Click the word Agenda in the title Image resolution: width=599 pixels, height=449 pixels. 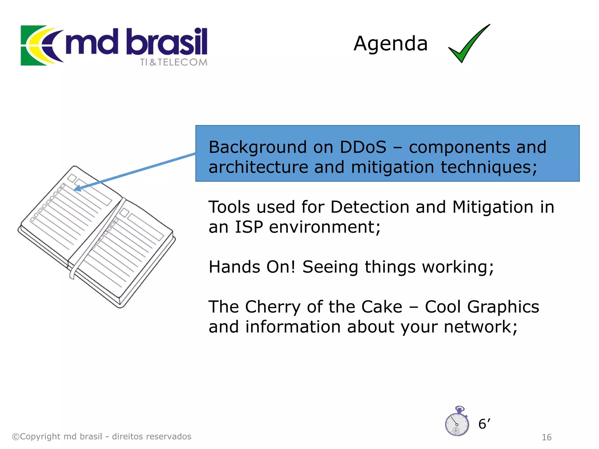pos(390,44)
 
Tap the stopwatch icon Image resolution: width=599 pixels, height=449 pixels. pos(457,422)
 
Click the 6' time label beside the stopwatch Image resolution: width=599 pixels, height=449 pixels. pos(484,424)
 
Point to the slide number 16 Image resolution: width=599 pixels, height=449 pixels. pos(546,437)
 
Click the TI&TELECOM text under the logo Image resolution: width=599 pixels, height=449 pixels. pos(174,62)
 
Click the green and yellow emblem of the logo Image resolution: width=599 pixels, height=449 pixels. pos(41,45)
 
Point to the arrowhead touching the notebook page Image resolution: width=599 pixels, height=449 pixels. pos(78,189)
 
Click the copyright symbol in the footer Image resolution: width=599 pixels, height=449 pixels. pos(16,437)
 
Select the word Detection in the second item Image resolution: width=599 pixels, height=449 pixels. pos(370,207)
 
